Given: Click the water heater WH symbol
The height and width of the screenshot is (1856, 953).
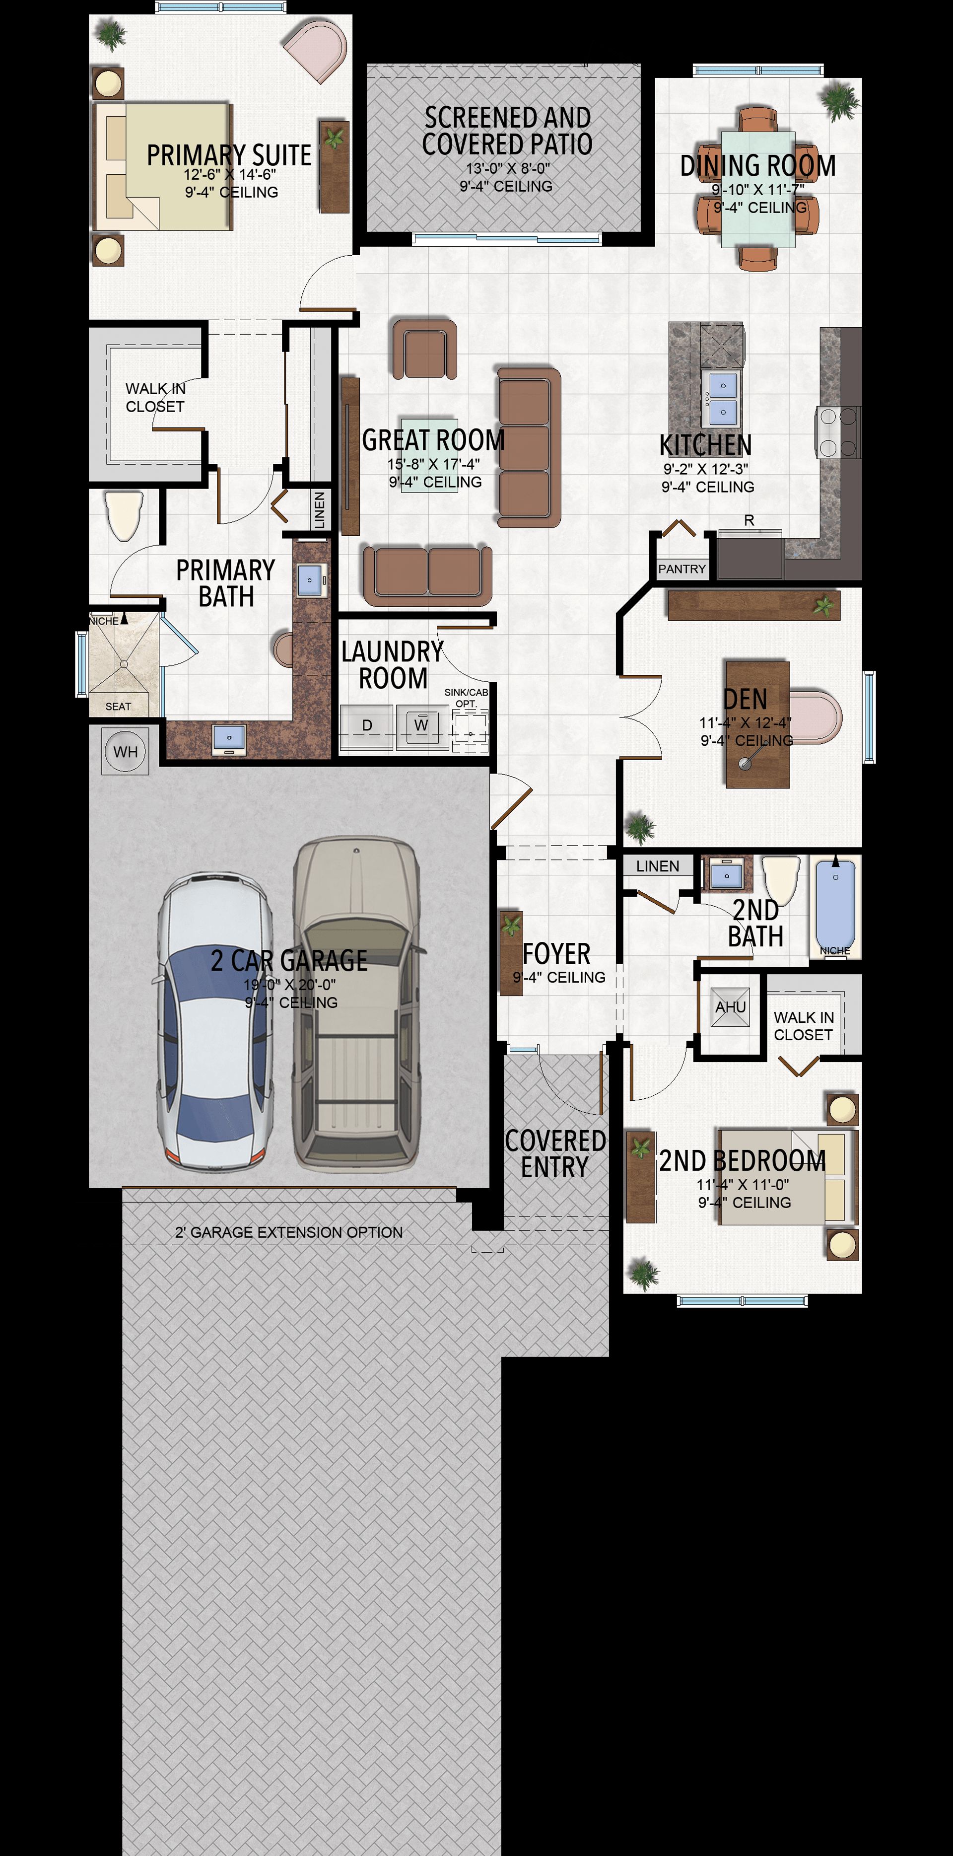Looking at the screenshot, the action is click(x=126, y=751).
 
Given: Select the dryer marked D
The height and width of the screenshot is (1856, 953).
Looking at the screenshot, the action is click(x=367, y=725).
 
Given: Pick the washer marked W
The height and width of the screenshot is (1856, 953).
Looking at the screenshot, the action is click(x=421, y=725).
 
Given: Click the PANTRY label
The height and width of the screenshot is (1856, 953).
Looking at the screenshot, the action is click(x=681, y=569).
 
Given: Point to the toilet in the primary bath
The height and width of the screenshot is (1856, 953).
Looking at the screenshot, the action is click(x=123, y=515).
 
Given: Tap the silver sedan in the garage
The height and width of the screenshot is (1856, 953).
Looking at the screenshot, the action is click(x=214, y=1021).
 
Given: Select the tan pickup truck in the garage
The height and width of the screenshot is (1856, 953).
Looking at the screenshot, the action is click(x=356, y=1003).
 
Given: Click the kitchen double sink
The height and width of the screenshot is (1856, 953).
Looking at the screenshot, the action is click(x=723, y=398).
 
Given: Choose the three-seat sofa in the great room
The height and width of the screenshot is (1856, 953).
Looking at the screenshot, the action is click(x=529, y=447).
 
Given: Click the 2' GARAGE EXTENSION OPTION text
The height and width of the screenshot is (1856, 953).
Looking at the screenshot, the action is click(x=289, y=1232).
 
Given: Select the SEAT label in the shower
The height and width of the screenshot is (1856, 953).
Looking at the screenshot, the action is click(x=118, y=707).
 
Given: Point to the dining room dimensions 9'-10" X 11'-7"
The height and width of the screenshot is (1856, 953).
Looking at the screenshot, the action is click(x=758, y=190).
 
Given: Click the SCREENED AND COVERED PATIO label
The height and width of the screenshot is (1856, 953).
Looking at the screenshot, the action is click(x=507, y=131).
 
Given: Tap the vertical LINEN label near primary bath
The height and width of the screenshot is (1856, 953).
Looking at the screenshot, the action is click(x=320, y=510).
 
